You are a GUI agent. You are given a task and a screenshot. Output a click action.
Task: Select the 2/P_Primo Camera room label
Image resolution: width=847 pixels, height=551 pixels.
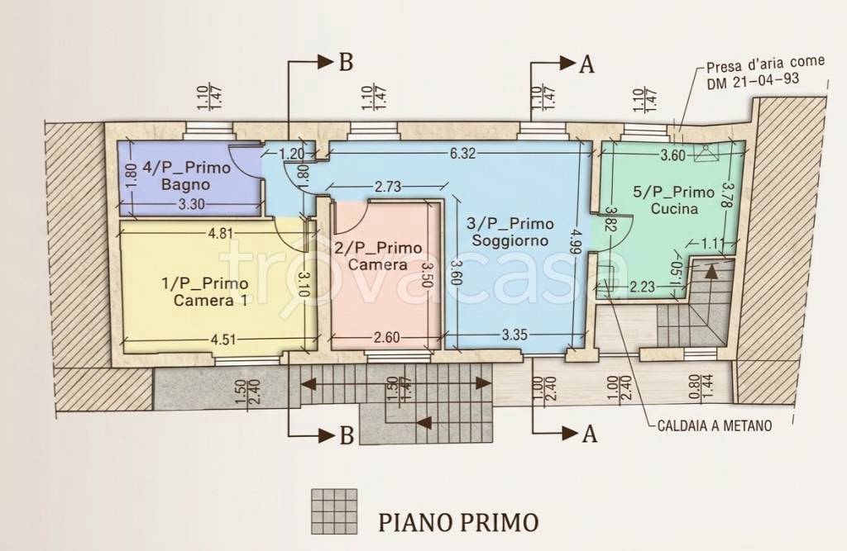pos(377,257)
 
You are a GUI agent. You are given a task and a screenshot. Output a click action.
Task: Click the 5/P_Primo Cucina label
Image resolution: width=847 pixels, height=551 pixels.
pos(673,201)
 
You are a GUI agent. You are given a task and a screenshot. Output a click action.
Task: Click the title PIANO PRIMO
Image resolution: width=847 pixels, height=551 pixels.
pos(458,521)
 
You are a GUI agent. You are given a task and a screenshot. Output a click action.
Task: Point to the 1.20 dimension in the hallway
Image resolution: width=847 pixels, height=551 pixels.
pos(290,153)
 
